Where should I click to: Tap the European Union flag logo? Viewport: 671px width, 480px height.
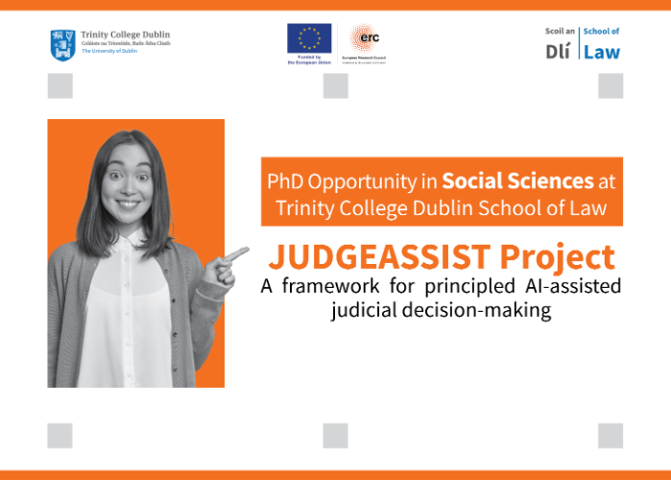pos(309,39)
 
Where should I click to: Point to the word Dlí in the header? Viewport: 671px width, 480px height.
pos(560,53)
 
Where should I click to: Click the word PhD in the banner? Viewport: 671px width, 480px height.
pos(288,180)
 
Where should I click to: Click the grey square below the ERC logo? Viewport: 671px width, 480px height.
pos(335,86)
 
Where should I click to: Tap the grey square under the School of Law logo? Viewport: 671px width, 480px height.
pos(611,86)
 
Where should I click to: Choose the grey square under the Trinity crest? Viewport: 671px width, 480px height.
pos(60,86)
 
